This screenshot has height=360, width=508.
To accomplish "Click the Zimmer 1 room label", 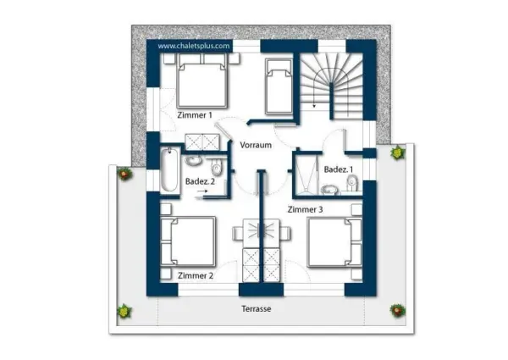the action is [195, 115].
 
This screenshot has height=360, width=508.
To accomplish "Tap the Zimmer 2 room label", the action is [196, 276].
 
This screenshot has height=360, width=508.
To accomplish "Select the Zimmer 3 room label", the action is [305, 210].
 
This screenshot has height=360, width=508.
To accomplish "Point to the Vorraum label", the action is [256, 145].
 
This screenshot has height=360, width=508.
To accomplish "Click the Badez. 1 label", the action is [339, 169].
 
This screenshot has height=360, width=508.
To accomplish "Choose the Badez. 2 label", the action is [200, 181].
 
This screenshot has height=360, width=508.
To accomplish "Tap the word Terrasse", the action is [256, 309].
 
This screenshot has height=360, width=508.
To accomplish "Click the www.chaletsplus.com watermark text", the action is [194, 46].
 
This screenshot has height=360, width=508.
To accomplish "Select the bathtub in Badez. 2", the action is [169, 169].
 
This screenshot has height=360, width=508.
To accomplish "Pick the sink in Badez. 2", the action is [193, 160].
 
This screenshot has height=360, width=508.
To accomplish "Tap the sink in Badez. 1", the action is [329, 189].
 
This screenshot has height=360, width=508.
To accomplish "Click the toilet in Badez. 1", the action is [352, 183].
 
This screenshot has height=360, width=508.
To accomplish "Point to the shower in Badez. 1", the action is [306, 176].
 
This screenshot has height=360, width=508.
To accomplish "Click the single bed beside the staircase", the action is [279, 86].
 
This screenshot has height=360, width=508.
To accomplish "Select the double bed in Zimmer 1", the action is [202, 81].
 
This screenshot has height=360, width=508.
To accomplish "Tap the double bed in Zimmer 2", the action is [188, 241].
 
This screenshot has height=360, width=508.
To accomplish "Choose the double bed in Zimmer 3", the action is [334, 242].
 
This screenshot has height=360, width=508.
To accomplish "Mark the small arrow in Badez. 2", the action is [202, 191].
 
